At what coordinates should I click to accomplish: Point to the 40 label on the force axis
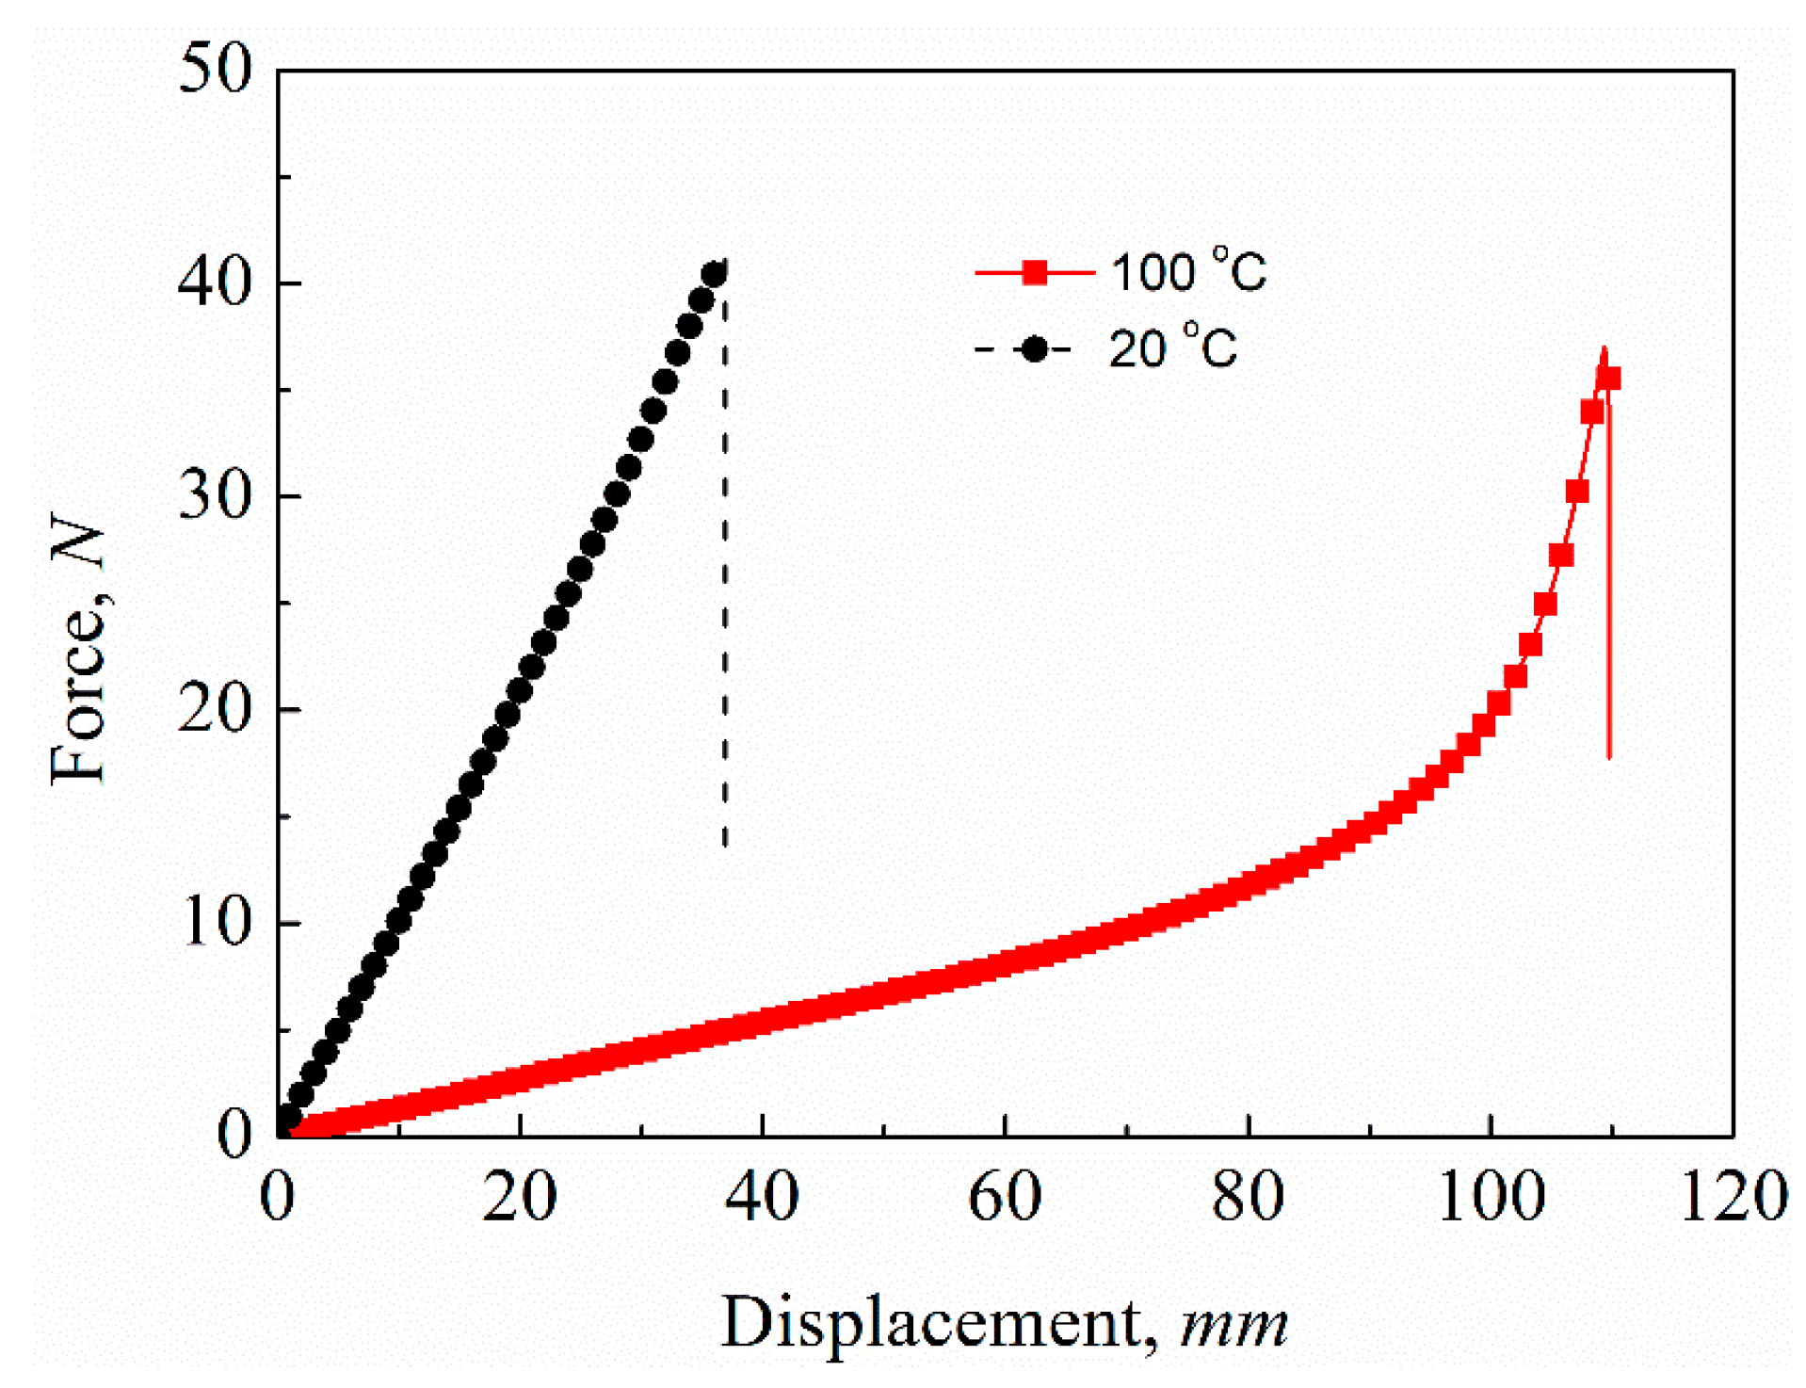(216, 282)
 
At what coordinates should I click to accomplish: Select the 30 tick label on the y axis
(216, 496)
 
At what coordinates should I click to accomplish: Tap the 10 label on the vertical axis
(216, 923)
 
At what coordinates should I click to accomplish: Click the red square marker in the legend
(1035, 273)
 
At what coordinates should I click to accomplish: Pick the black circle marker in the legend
(1035, 349)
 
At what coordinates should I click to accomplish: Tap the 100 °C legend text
(1188, 272)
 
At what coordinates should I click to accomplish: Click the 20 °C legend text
(1172, 349)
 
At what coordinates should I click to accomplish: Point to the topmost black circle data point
(714, 275)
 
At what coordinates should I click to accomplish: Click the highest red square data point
(1608, 379)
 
